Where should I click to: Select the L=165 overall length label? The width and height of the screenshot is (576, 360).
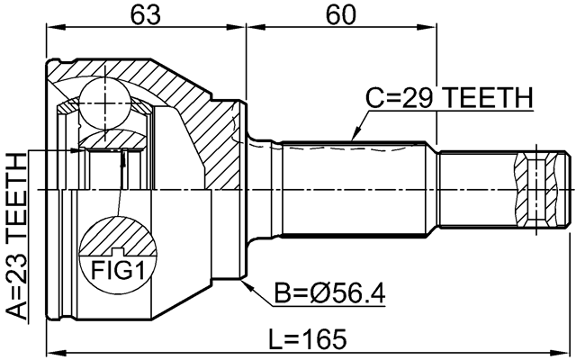[x=309, y=339]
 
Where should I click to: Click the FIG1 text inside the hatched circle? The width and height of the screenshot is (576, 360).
[x=112, y=267]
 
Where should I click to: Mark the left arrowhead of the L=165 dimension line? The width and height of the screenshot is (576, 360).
[x=50, y=352]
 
